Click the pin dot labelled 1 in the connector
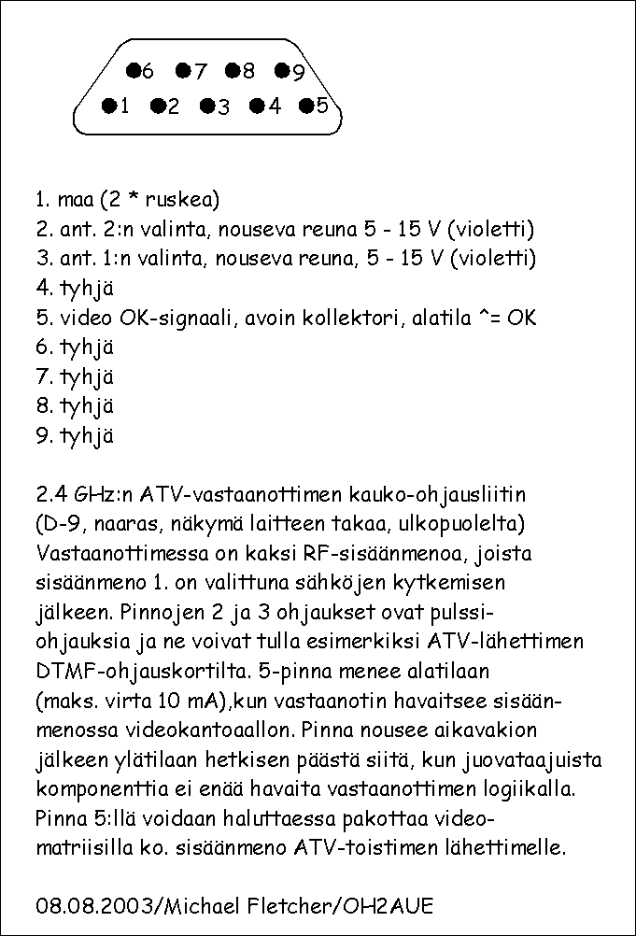tap(108, 106)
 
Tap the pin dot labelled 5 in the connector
tap(305, 105)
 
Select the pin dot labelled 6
tap(133, 70)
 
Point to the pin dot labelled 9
tap(282, 70)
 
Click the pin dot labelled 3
tap(206, 106)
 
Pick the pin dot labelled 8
tap(232, 70)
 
